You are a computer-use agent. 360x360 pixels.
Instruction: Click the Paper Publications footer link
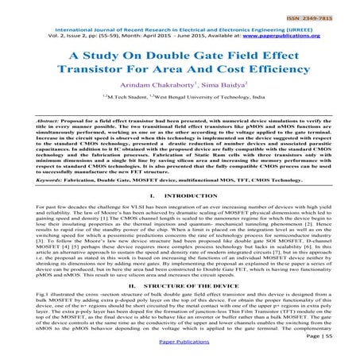pyautogui.click(x=180, y=353)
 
